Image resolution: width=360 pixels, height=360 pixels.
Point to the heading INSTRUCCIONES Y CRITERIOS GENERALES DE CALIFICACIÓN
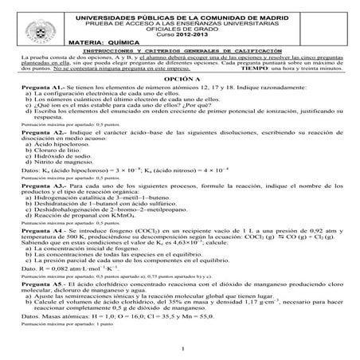click(x=180, y=50)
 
